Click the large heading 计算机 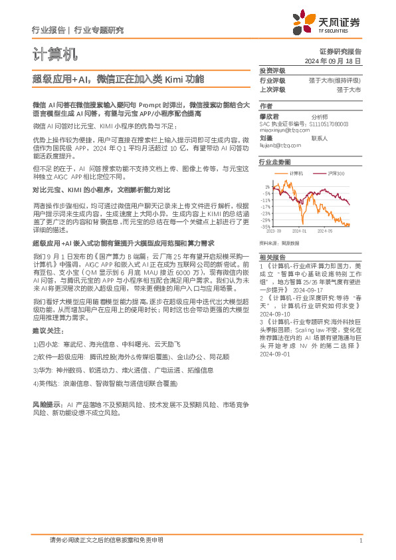(x=54, y=54)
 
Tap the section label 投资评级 (x=272, y=70)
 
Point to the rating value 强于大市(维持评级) (x=335, y=80)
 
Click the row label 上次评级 (x=272, y=89)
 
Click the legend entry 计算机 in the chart (x=297, y=173)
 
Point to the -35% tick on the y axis (x=265, y=226)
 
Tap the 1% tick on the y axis (x=267, y=187)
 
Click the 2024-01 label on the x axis (x=299, y=231)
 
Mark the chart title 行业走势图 (x=274, y=162)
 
